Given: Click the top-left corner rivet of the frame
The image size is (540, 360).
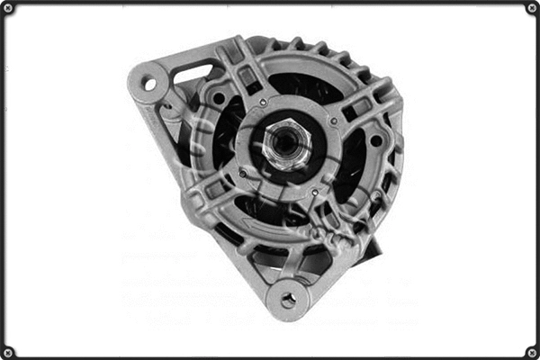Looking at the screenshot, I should [x=9, y=9].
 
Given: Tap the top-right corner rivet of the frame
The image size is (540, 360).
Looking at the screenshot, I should [x=531, y=9].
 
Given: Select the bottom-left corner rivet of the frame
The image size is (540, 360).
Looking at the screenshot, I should [x=9, y=351].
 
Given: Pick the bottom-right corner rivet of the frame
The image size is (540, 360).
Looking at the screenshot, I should [x=531, y=351].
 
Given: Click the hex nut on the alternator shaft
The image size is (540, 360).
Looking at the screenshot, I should [x=286, y=144].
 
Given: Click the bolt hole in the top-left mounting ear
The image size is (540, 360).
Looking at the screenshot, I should [x=149, y=85].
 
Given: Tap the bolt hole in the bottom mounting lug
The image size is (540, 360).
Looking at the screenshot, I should [x=288, y=300].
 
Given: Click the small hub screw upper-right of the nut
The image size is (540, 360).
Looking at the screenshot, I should [x=334, y=121].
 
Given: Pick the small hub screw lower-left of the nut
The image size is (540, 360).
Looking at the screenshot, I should [x=241, y=173].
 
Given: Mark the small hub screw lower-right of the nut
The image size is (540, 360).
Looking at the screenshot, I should [x=314, y=192].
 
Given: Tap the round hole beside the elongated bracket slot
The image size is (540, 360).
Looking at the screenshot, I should [x=219, y=97].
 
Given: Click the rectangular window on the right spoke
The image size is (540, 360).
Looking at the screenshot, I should [x=360, y=108].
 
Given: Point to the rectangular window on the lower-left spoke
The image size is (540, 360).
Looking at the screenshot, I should [x=216, y=189].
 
